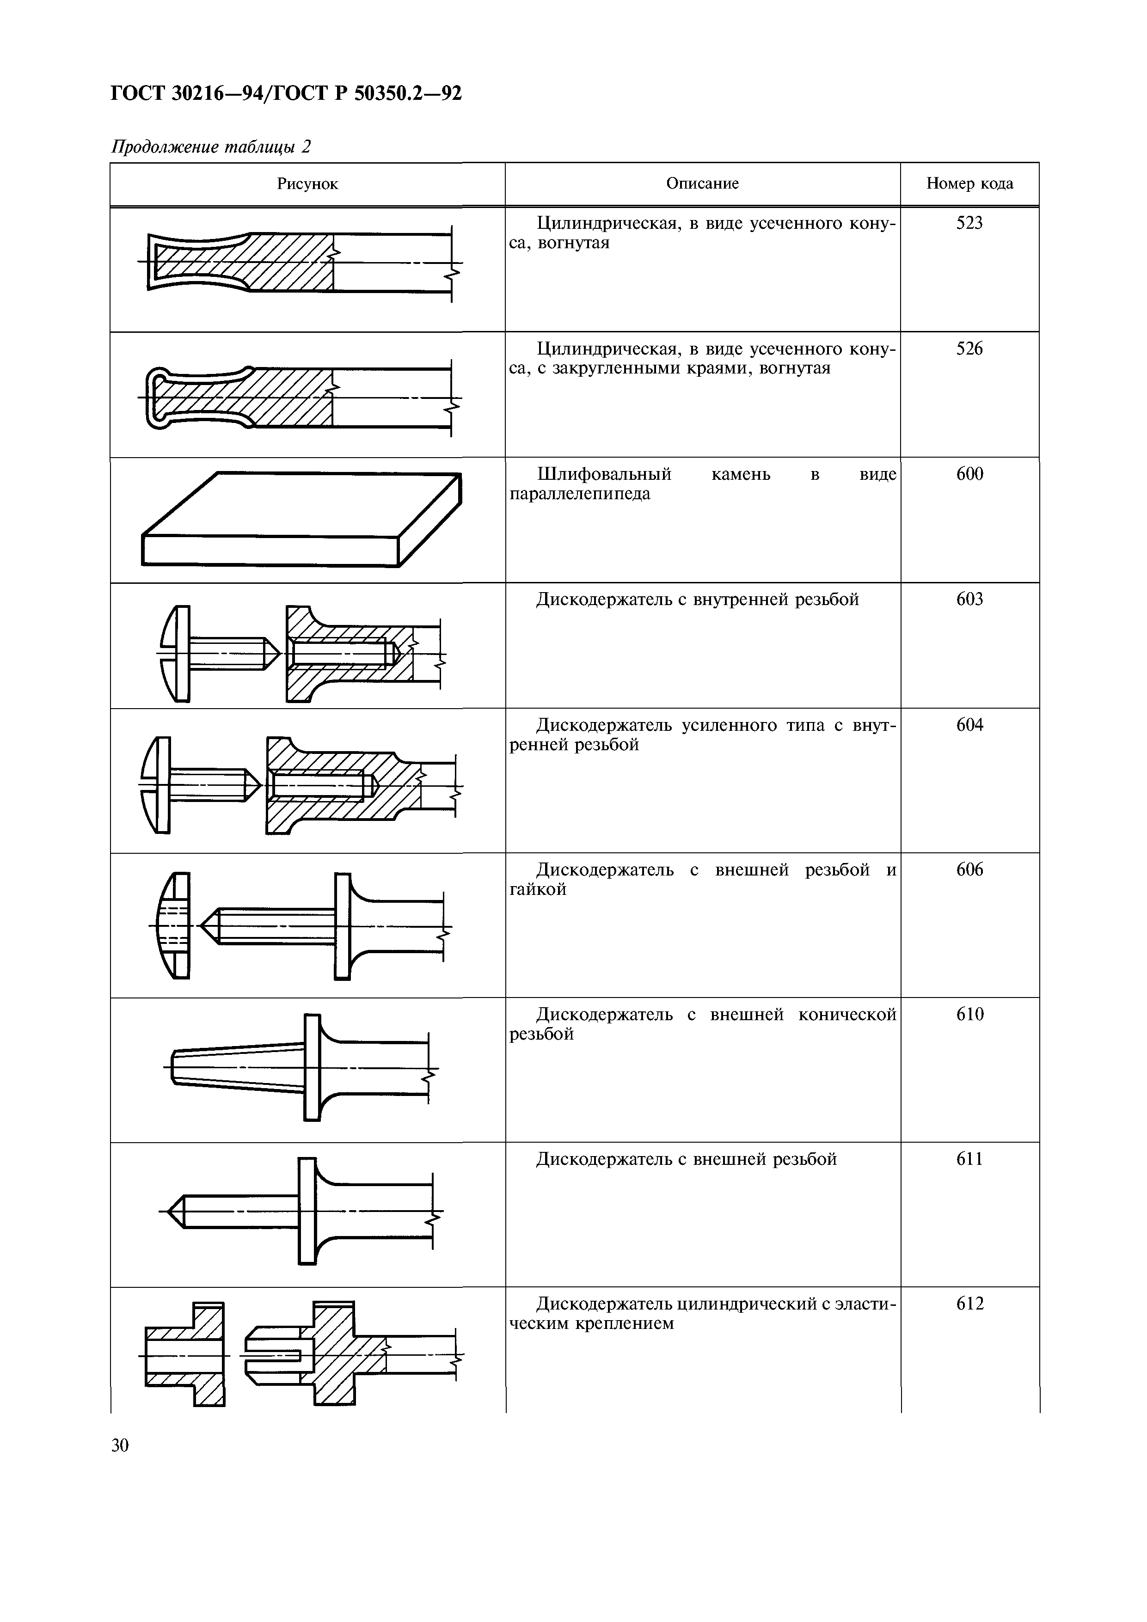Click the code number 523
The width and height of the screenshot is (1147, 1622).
click(969, 223)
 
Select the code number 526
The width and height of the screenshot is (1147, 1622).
click(969, 349)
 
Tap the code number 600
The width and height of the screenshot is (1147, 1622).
click(969, 474)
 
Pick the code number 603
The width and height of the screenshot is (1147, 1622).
click(969, 600)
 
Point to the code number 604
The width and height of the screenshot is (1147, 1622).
click(969, 726)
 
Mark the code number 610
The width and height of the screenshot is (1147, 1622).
click(969, 1015)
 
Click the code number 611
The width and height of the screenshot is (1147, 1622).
click(969, 1159)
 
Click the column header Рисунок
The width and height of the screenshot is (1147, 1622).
click(307, 184)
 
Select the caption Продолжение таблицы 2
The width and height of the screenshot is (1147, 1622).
click(211, 147)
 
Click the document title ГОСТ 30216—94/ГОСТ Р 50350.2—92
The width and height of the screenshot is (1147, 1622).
click(286, 92)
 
